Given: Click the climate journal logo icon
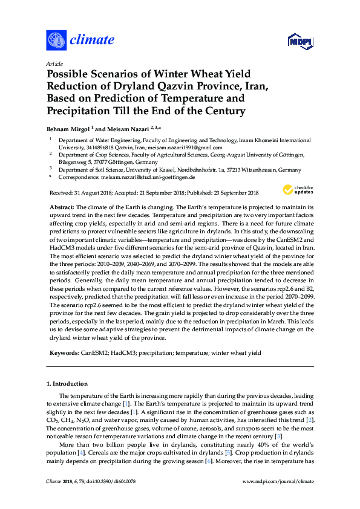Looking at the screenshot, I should click(56, 40).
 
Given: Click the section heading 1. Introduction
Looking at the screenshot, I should click(67, 384).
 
